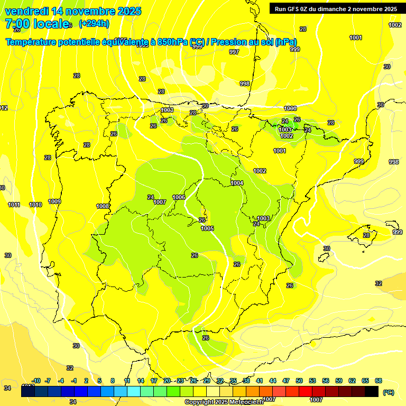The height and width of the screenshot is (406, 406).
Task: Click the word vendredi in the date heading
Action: [27, 11]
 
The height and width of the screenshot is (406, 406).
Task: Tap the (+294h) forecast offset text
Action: [94, 23]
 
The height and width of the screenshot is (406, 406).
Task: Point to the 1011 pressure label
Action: [14, 205]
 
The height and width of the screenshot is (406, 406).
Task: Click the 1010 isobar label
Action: [35, 205]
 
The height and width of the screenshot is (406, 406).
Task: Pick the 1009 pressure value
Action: [54, 201]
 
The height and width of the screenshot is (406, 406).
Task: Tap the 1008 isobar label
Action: [103, 206]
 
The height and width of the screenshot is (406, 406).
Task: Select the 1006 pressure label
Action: [179, 197]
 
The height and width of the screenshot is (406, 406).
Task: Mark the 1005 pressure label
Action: [207, 228]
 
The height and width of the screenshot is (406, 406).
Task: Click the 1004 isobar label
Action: [237, 183]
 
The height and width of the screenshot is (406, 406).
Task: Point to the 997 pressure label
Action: [234, 52]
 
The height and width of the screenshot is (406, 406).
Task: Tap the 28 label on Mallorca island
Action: [366, 235]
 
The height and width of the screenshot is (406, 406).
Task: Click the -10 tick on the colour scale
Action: [36, 381]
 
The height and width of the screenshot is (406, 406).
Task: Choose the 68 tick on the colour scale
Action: [379, 381]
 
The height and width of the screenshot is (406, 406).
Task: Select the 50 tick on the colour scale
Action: [299, 381]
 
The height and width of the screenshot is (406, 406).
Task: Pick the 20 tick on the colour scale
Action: [167, 381]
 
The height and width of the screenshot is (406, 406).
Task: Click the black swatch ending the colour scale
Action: [372, 391]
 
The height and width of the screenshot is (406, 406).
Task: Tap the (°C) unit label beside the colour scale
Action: [388, 392]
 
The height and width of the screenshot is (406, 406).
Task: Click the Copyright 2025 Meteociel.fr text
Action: [224, 402]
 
